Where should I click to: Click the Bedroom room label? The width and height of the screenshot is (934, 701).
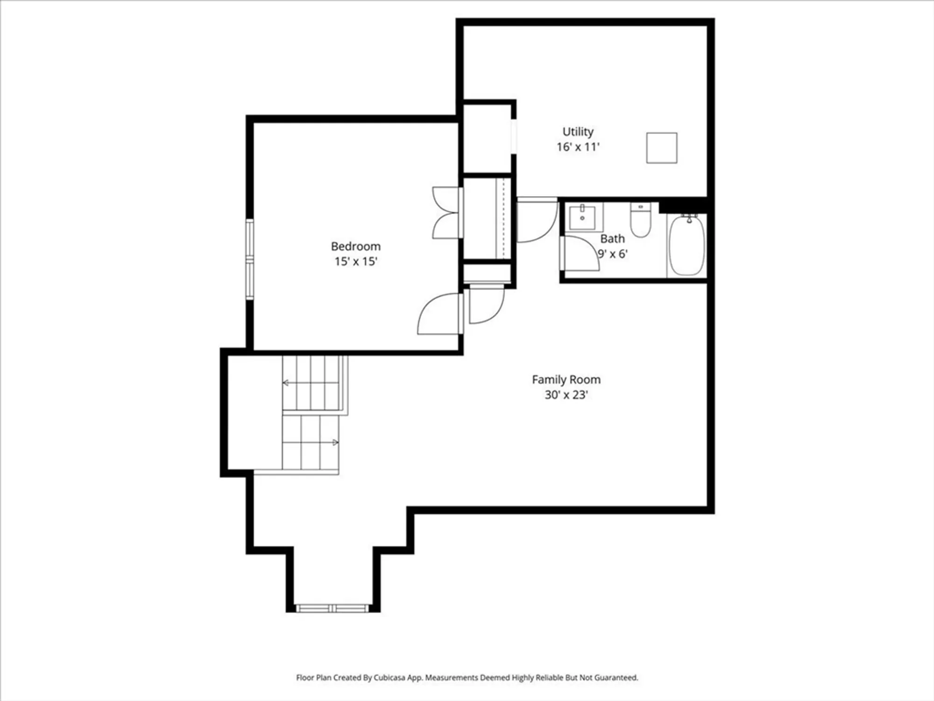pyautogui.click(x=355, y=246)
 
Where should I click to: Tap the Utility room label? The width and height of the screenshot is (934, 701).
pyautogui.click(x=578, y=131)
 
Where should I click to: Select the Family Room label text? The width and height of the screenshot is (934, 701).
pyautogui.click(x=566, y=379)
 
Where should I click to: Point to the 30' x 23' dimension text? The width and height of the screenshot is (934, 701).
pyautogui.click(x=566, y=395)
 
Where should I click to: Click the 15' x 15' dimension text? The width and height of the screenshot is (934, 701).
pyautogui.click(x=355, y=261)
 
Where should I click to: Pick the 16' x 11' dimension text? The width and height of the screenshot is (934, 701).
pyautogui.click(x=578, y=147)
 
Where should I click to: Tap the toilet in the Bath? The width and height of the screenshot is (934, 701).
pyautogui.click(x=640, y=220)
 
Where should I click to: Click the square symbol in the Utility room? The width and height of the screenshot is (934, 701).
pyautogui.click(x=661, y=148)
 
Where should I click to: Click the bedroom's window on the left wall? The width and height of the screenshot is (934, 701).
pyautogui.click(x=250, y=259)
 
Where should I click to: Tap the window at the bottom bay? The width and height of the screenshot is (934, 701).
pyautogui.click(x=333, y=608)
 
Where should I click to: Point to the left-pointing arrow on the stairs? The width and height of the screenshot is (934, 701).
pyautogui.click(x=286, y=383)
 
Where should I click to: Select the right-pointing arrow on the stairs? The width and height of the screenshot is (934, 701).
pyautogui.click(x=335, y=442)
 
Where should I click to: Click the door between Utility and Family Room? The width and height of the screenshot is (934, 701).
pyautogui.click(x=537, y=220)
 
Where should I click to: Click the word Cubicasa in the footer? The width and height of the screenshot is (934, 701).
pyautogui.click(x=389, y=677)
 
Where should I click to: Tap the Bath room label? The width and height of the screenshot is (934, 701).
pyautogui.click(x=612, y=239)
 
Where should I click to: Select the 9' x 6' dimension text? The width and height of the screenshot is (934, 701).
pyautogui.click(x=613, y=254)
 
